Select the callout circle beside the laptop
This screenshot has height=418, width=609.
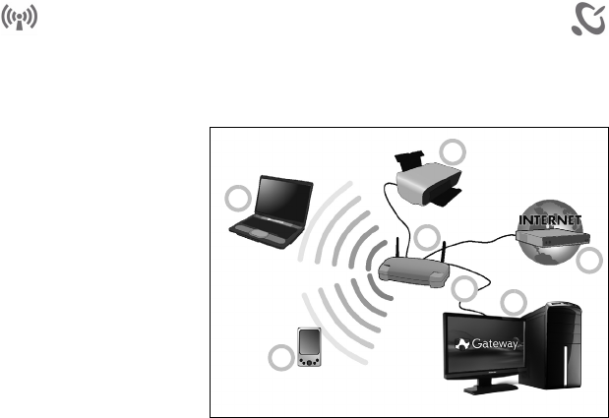pos(237,198)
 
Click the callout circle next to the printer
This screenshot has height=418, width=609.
pos(453,151)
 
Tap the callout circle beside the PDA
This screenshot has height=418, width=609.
pos(280,358)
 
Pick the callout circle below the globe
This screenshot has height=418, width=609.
pos(587,262)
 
